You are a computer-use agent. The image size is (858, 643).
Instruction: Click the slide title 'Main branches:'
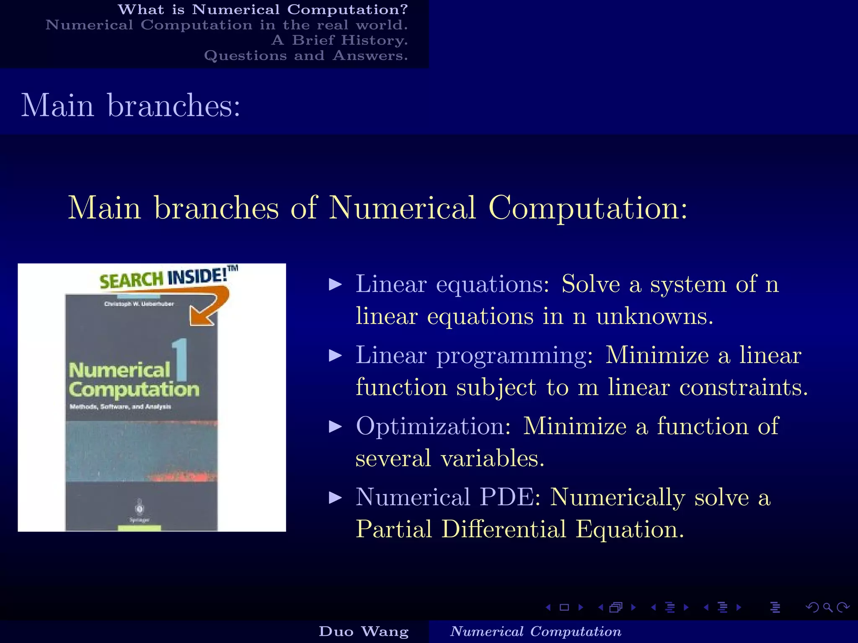pyautogui.click(x=131, y=105)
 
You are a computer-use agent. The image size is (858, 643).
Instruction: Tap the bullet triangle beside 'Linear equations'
pyautogui.click(x=336, y=285)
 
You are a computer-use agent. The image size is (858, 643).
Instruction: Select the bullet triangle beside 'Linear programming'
pyautogui.click(x=336, y=356)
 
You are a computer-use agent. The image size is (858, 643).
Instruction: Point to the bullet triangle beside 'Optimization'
pyautogui.click(x=336, y=427)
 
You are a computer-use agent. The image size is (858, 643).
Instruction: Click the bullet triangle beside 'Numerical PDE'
pyautogui.click(x=336, y=498)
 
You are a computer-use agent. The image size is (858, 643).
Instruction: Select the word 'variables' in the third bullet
pyautogui.click(x=492, y=458)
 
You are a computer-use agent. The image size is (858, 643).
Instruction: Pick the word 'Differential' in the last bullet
pyautogui.click(x=504, y=529)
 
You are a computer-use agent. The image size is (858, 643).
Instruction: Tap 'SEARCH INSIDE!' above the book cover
pyautogui.click(x=163, y=278)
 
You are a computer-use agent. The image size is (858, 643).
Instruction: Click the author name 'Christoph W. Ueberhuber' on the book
pyautogui.click(x=139, y=304)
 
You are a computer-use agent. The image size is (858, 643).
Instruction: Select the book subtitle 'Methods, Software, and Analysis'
pyautogui.click(x=121, y=406)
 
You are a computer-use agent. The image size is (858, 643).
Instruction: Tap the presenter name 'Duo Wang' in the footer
pyautogui.click(x=364, y=631)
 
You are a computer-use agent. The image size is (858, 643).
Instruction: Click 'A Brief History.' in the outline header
pyautogui.click(x=339, y=40)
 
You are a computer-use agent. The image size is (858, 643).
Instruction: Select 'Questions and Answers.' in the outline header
pyautogui.click(x=306, y=56)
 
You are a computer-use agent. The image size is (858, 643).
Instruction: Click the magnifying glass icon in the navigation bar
pyautogui.click(x=827, y=607)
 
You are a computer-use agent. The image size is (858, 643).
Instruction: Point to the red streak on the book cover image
pyautogui.click(x=180, y=476)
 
